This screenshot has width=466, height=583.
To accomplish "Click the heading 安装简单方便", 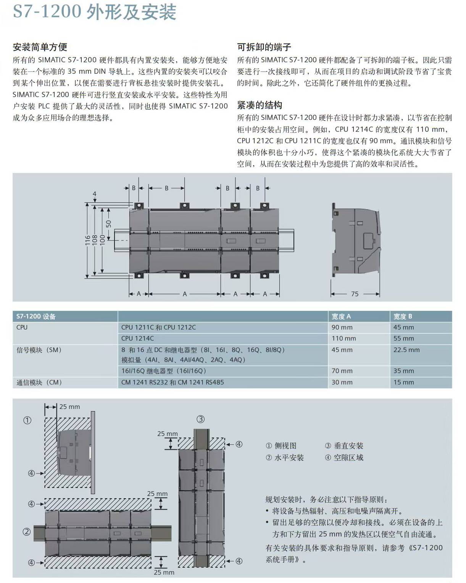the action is coord(40,47).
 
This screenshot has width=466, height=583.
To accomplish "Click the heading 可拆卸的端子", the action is coord(264,47).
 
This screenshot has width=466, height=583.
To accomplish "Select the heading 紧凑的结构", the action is coord(260,105).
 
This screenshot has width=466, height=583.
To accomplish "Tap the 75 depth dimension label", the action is coord(355,294).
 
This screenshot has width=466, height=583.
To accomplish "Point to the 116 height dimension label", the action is coord(87,240).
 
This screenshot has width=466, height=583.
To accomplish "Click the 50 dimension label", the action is coord(108,224).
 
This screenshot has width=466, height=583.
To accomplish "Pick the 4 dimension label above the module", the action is coord(94,194).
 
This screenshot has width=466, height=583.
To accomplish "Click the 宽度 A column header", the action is coord(341,317).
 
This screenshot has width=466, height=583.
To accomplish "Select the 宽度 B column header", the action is coord(403,317).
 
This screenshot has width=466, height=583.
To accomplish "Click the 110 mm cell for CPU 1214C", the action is coord(343,338).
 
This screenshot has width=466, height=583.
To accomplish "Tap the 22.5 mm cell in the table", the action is coord(406,350).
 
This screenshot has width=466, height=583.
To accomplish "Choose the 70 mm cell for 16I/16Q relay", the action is coord(342,371).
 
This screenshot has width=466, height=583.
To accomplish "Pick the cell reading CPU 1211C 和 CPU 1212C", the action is coord(158,327).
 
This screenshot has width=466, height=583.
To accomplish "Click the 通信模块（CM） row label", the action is coord(39,382).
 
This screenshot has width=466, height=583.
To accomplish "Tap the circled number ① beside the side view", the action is coord(27,420).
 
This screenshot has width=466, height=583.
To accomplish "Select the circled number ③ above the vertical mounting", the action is coord(200,419).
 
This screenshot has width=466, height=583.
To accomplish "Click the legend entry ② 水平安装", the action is coord(285,457).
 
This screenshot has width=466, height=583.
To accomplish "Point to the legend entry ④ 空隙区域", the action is coord(344,457).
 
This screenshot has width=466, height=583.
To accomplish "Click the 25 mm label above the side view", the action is coord(69,407).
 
